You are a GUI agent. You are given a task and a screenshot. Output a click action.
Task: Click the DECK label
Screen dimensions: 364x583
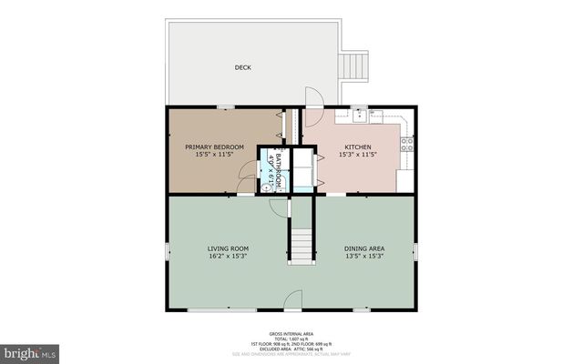pos(243,67)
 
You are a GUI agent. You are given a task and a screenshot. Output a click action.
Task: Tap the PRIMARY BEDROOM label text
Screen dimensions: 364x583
pos(216,147)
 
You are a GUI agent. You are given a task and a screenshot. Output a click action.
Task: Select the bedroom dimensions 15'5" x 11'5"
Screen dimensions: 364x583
pos(216,155)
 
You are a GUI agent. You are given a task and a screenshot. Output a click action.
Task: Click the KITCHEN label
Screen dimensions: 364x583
pos(357,147)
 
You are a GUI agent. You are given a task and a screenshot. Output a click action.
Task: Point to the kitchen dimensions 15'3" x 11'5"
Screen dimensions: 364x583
pos(357,155)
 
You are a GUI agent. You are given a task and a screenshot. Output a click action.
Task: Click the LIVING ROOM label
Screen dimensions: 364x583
pos(228,248)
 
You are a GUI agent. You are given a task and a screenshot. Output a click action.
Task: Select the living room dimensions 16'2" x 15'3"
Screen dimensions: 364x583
pos(228,257)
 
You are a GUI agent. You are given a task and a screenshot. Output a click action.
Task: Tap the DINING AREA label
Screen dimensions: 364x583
pos(363,248)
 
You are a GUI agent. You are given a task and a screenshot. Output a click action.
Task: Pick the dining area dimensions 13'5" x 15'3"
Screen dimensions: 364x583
pos(363,257)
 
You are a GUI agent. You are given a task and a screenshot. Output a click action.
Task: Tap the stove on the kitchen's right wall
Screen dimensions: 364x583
pos(407,143)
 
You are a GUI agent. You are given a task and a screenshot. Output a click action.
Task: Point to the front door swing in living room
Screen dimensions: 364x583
pos(291,299)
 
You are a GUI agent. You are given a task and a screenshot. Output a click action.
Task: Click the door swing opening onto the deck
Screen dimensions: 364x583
pos(312,98)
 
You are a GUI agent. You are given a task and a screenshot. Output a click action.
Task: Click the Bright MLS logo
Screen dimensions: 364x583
pos(30,350)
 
